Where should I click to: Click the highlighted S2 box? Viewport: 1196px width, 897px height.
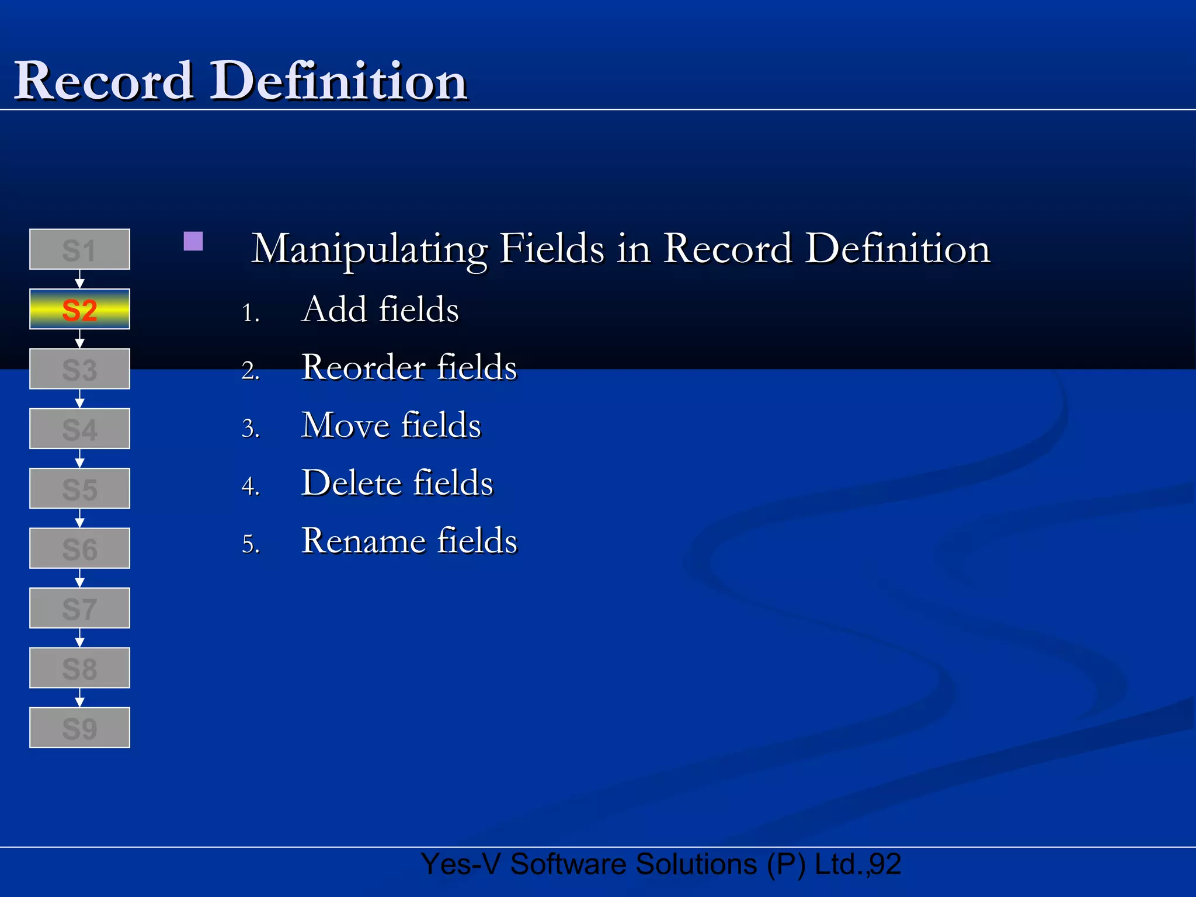(x=79, y=309)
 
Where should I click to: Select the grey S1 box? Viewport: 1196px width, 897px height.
(x=79, y=249)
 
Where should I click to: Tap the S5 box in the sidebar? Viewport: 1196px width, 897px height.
(x=79, y=488)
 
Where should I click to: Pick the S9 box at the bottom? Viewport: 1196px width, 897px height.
(x=79, y=727)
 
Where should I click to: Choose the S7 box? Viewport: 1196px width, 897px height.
(x=79, y=608)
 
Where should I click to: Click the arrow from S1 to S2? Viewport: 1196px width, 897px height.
(x=80, y=279)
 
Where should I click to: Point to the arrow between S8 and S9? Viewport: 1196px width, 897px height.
(x=80, y=697)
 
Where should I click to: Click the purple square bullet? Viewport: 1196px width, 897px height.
(x=193, y=241)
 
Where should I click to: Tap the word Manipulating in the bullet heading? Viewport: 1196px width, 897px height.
(x=369, y=249)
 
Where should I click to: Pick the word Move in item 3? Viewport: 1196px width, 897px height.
(x=345, y=425)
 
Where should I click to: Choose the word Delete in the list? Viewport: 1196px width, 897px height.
(x=352, y=483)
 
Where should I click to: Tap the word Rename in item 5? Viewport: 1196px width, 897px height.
(x=364, y=541)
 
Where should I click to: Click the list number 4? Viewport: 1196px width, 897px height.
(x=249, y=486)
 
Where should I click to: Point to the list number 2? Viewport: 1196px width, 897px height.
(x=249, y=371)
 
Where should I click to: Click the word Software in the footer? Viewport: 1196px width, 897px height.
(x=572, y=864)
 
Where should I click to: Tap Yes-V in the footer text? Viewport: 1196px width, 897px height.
(x=460, y=864)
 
